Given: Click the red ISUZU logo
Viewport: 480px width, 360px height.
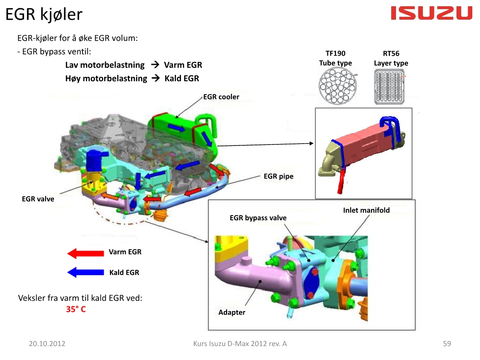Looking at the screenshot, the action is (432, 13).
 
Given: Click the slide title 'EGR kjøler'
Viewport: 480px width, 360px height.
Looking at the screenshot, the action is (44, 14).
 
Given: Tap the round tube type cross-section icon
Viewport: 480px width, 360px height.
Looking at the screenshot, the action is (337, 86).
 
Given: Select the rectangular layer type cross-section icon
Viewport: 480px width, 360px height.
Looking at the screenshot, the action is (389, 86).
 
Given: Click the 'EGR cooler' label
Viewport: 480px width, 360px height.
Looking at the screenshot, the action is (221, 97).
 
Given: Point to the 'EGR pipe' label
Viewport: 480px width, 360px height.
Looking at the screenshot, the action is (278, 176).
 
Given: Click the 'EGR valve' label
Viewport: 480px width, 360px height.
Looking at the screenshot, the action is (38, 199).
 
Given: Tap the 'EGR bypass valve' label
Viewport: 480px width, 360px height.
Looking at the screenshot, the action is (258, 218).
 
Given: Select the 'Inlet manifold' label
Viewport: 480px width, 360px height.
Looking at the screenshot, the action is (366, 210).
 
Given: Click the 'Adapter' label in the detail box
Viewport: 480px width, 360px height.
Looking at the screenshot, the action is (232, 312).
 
